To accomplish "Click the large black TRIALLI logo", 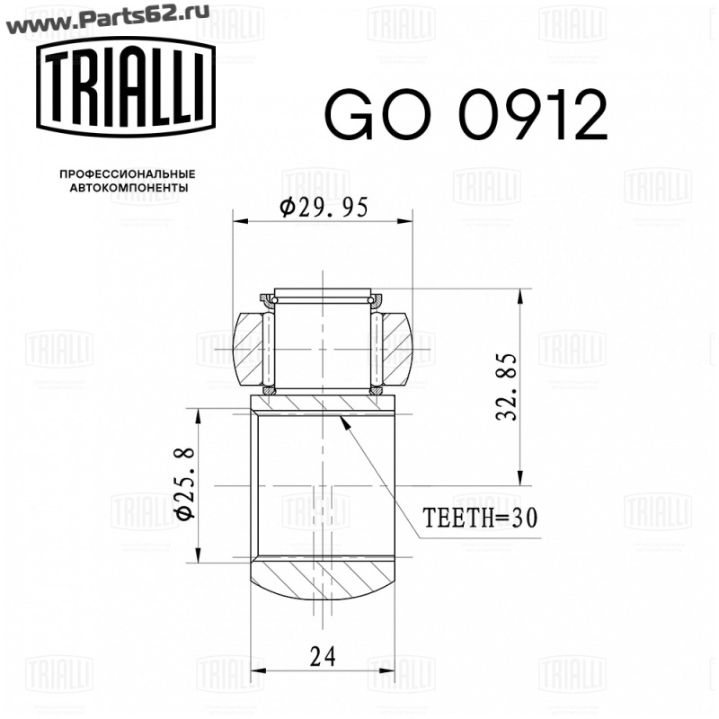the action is tap(126, 87).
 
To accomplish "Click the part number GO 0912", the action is tap(466, 114).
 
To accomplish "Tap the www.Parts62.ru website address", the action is tap(105, 16).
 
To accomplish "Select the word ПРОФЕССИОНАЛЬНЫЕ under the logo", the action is tap(128, 174).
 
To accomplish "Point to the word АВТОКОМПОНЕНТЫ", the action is tap(129, 188).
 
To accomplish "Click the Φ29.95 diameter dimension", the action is tap(324, 208).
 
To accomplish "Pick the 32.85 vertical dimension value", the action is tap(508, 386).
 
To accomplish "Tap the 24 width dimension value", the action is tap(323, 656).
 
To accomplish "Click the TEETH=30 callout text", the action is tap(480, 518).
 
